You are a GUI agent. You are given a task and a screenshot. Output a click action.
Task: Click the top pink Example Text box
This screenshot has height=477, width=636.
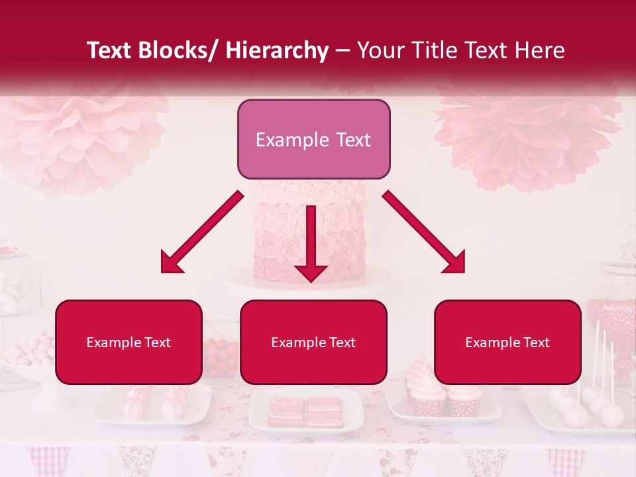pyautogui.click(x=313, y=139)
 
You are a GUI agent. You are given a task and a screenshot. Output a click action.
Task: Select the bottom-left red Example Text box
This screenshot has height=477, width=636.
pyautogui.click(x=129, y=342)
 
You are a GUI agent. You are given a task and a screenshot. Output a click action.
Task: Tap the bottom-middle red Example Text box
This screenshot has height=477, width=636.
pyautogui.click(x=313, y=342)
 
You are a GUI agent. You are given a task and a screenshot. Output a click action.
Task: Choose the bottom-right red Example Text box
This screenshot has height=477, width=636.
pyautogui.click(x=507, y=342)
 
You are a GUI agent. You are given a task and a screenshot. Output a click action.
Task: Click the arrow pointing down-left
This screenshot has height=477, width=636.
pyautogui.click(x=201, y=232)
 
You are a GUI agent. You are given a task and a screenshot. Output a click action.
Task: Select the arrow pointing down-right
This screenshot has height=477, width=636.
pyautogui.click(x=424, y=232)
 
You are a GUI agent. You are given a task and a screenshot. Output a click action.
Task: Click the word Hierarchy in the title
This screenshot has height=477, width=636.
pyautogui.click(x=277, y=50)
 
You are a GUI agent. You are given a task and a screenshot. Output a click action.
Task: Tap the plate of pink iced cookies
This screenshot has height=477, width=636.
pyautogui.click(x=305, y=410)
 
